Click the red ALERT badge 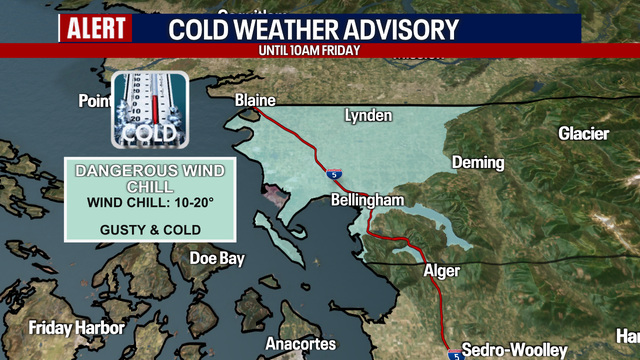click(96, 28)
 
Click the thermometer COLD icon click(148, 110)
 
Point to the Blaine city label click(254, 101)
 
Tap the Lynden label click(368, 116)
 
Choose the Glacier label click(582, 133)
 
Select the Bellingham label click(367, 201)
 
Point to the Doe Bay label click(217, 258)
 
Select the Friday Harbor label click(76, 328)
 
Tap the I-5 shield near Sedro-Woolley click(454, 353)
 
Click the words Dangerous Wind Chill click(150, 178)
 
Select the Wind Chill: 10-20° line click(150, 205)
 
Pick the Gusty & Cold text click(150, 229)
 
